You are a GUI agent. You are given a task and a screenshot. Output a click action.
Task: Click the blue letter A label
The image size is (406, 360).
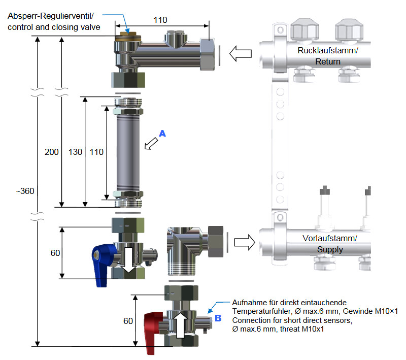162,133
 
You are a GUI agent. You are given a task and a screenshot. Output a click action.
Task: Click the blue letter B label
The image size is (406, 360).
218,318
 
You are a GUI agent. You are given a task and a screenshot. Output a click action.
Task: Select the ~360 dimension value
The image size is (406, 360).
25,190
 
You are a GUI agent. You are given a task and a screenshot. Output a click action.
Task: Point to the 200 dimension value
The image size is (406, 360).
52,152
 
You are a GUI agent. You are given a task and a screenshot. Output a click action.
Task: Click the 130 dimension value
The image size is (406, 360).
75,152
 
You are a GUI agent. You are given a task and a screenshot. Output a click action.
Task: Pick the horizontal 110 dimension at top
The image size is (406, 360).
160,20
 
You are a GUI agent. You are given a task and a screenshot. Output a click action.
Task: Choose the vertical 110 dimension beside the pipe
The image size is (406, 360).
96,152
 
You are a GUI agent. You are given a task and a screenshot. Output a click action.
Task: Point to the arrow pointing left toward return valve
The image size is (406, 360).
241,53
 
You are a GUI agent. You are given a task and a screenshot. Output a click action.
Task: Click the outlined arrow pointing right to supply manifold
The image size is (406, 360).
245,243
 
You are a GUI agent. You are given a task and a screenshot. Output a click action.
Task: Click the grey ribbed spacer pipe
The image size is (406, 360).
128,152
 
